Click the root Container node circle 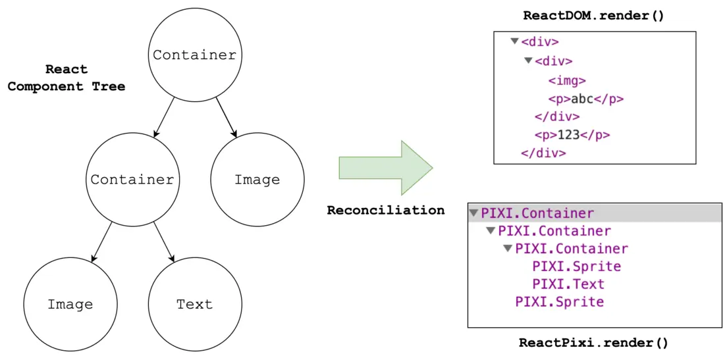click(x=194, y=55)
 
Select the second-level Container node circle click(x=132, y=179)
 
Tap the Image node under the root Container click(x=257, y=179)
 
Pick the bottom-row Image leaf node click(x=70, y=304)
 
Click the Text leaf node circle click(x=194, y=304)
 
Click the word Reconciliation click(x=386, y=211)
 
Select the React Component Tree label click(x=67, y=78)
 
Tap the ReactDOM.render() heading click(x=593, y=15)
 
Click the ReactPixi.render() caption click(x=593, y=342)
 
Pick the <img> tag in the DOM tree click(x=567, y=80)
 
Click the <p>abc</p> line click(x=585, y=99)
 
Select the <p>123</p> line click(x=572, y=135)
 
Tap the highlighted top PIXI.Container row click(x=537, y=213)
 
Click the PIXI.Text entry click(x=568, y=284)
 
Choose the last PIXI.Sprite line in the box click(x=559, y=302)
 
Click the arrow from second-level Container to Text click(x=164, y=242)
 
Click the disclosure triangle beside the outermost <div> click(x=514, y=41)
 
